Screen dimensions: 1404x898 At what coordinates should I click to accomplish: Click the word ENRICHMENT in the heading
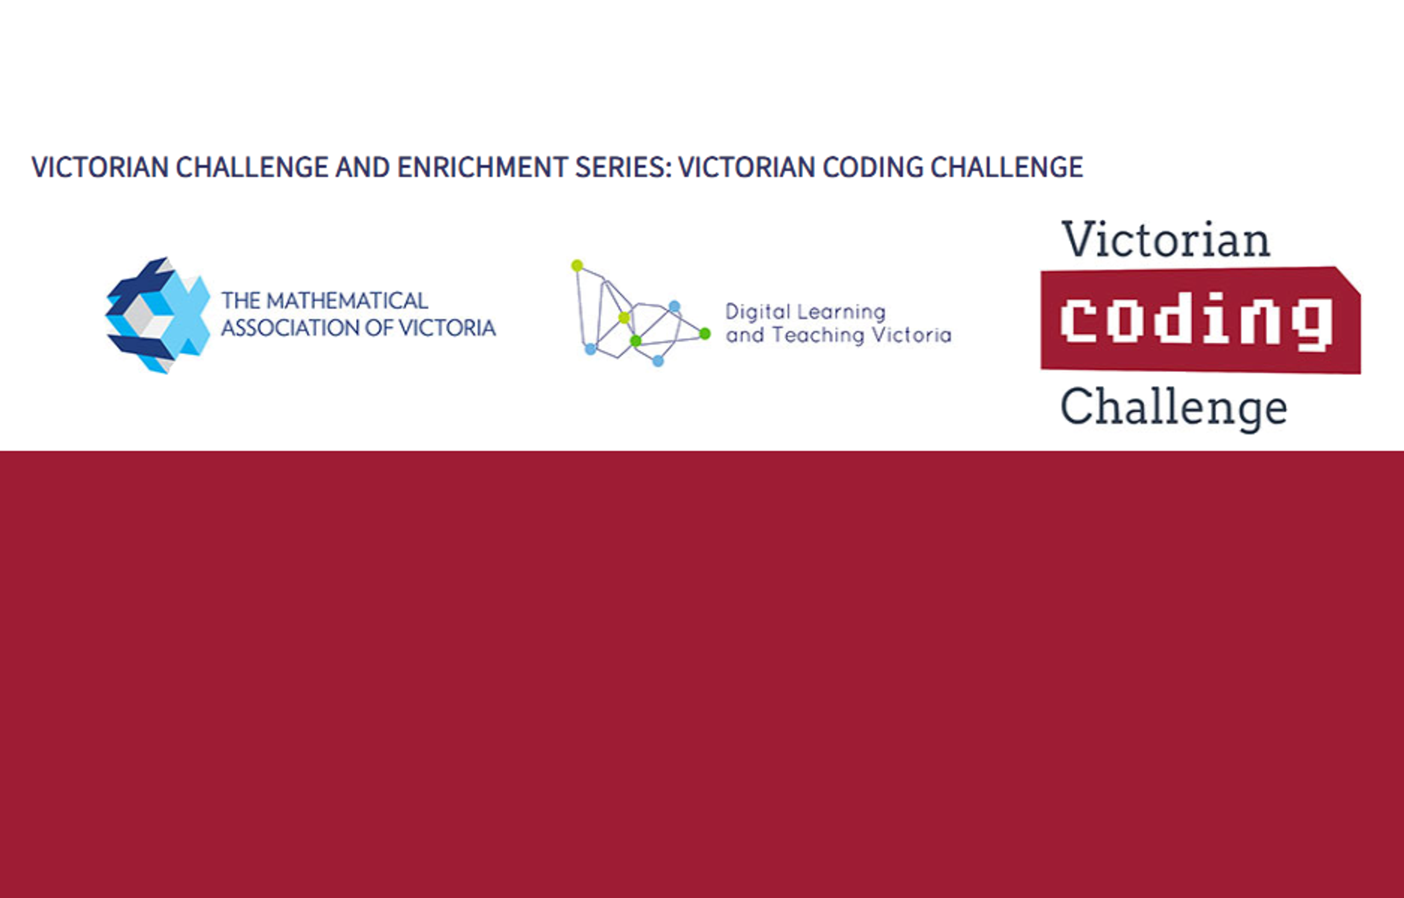tap(482, 167)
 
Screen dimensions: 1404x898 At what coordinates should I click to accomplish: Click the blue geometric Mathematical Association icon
tap(157, 315)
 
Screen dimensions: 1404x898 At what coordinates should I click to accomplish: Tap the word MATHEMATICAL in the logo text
tap(347, 301)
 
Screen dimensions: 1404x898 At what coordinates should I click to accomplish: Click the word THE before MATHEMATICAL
tap(240, 301)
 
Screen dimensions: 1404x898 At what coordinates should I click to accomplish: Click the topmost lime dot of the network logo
tap(577, 266)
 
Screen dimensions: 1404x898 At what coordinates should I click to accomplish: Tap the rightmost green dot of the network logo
tap(705, 333)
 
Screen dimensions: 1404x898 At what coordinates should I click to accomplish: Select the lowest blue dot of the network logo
tap(658, 361)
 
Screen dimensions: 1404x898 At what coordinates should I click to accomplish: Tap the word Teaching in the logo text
tap(818, 335)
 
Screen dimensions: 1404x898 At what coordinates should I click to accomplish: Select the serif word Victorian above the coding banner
tap(1166, 239)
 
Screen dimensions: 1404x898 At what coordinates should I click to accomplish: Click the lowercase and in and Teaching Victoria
tap(745, 335)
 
